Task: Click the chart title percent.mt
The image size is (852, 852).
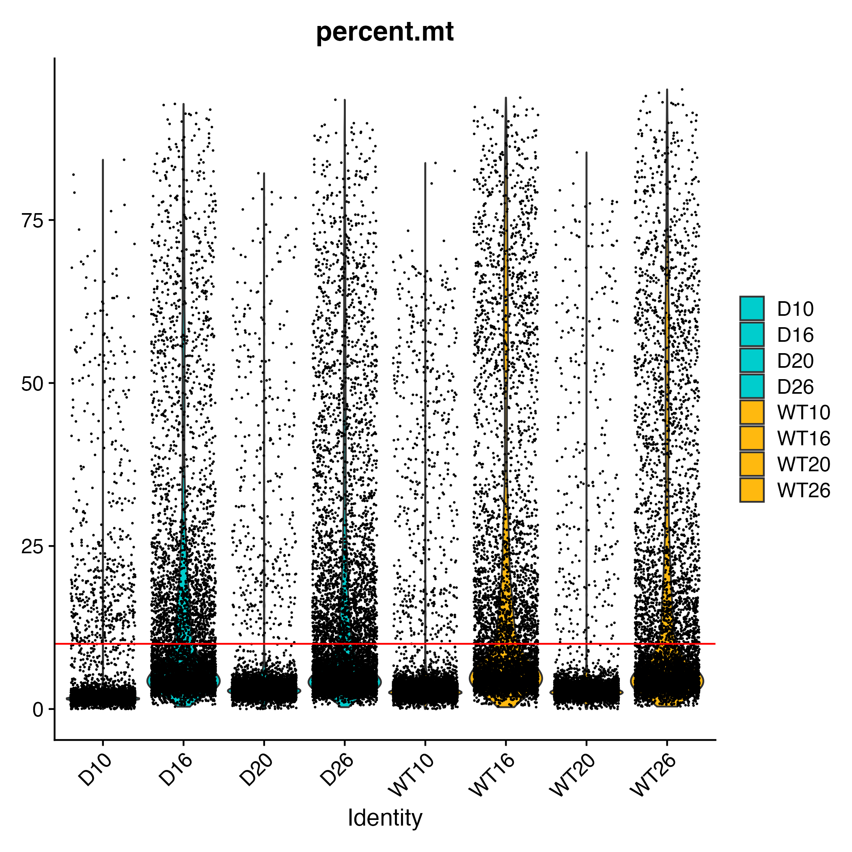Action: (384, 32)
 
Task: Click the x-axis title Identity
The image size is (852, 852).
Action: (384, 817)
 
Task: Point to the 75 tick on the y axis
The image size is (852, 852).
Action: (32, 220)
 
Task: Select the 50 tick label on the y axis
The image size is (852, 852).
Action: (32, 384)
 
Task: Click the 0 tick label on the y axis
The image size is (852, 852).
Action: (39, 710)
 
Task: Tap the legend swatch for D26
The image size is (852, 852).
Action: (752, 386)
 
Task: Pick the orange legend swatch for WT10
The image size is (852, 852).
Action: (752, 412)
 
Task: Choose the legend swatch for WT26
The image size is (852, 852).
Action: (752, 490)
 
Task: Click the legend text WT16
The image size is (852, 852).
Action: (803, 438)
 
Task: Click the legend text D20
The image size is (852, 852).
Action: (795, 361)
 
